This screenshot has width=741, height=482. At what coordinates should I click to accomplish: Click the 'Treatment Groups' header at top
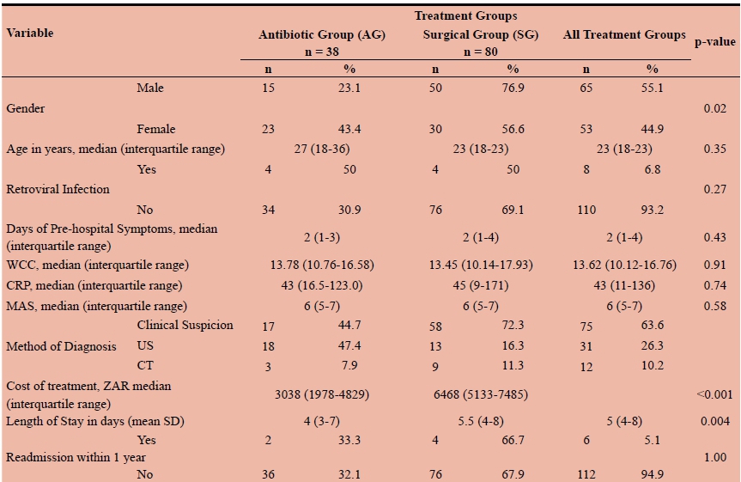click(x=465, y=16)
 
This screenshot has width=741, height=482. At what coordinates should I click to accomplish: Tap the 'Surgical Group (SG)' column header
click(x=475, y=35)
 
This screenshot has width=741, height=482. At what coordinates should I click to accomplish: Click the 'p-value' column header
click(x=714, y=40)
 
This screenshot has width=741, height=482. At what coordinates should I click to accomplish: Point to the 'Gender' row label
click(x=26, y=109)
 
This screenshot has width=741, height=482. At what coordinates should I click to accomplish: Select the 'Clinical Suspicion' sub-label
click(x=185, y=326)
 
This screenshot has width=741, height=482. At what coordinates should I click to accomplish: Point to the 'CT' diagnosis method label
click(x=145, y=366)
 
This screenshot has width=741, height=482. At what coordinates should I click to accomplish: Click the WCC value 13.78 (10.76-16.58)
click(x=318, y=265)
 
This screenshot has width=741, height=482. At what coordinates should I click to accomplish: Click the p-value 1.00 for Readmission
click(x=714, y=458)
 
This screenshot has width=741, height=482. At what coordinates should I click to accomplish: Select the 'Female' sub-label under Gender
click(x=156, y=129)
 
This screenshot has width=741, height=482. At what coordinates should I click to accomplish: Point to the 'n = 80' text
click(x=477, y=51)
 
